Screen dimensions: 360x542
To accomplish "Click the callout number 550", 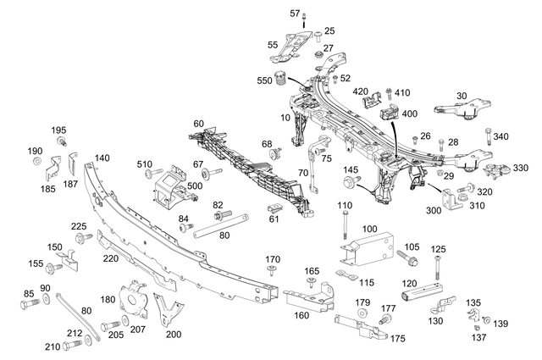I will (264, 81).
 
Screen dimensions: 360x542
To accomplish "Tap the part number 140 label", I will (102, 158).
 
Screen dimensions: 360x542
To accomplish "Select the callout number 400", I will (410, 114).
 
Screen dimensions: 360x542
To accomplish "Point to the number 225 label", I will (78, 226).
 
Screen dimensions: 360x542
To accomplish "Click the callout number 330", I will (521, 169).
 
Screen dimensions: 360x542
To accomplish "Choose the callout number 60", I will (198, 125).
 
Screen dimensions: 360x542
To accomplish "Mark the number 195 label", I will (58, 130).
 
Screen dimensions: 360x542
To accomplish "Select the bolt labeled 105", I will (403, 255).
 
